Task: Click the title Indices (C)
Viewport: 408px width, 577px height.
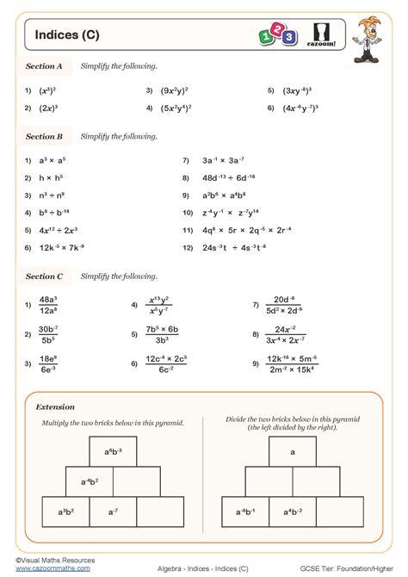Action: pyautogui.click(x=66, y=34)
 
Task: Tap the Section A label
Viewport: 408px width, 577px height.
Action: pyautogui.click(x=44, y=65)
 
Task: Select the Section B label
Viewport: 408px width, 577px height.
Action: pyautogui.click(x=44, y=136)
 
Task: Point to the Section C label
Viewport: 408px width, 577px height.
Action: pyautogui.click(x=44, y=276)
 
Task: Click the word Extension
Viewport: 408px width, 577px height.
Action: pyautogui.click(x=55, y=406)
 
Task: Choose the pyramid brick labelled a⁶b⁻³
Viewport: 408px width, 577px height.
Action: pyautogui.click(x=114, y=451)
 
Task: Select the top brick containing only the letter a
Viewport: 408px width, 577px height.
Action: pyautogui.click(x=293, y=451)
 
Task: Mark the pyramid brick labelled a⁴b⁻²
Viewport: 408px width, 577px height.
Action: pyautogui.click(x=293, y=512)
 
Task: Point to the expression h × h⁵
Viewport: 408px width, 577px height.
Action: pyautogui.click(x=52, y=177)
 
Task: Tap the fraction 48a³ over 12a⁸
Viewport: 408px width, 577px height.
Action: pyautogui.click(x=48, y=305)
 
